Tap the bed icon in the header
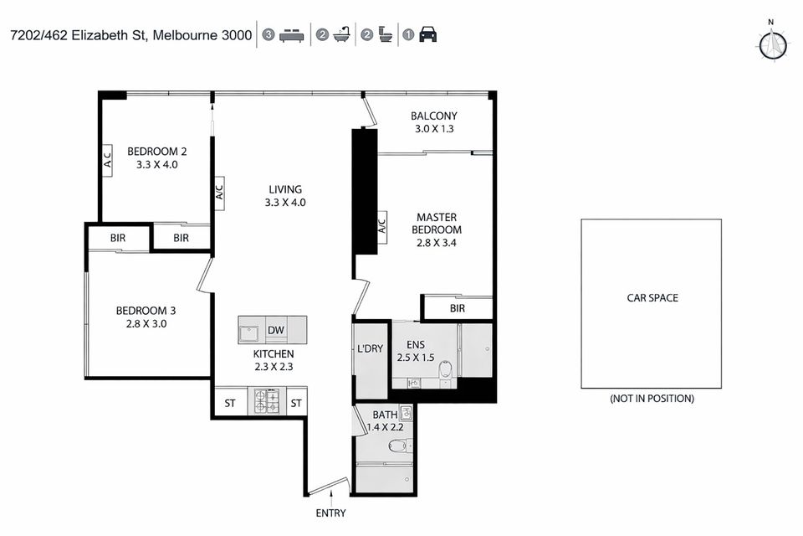pyautogui.click(x=289, y=35)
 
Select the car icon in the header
pyautogui.click(x=427, y=35)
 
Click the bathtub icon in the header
pyautogui.click(x=341, y=35)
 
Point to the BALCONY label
pyautogui.click(x=434, y=116)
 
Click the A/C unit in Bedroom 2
pyautogui.click(x=108, y=160)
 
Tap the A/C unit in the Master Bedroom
pyautogui.click(x=381, y=224)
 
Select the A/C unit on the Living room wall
pyautogui.click(x=219, y=191)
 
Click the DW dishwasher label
pyautogui.click(x=276, y=330)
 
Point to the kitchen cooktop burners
pyautogui.click(x=268, y=401)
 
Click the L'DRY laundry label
pyautogui.click(x=370, y=348)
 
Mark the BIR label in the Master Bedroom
pyautogui.click(x=457, y=308)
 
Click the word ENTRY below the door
pyautogui.click(x=330, y=513)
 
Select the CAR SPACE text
pyautogui.click(x=652, y=297)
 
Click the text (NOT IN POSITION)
pyautogui.click(x=652, y=399)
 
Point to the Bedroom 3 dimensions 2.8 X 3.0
pyautogui.click(x=146, y=323)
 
